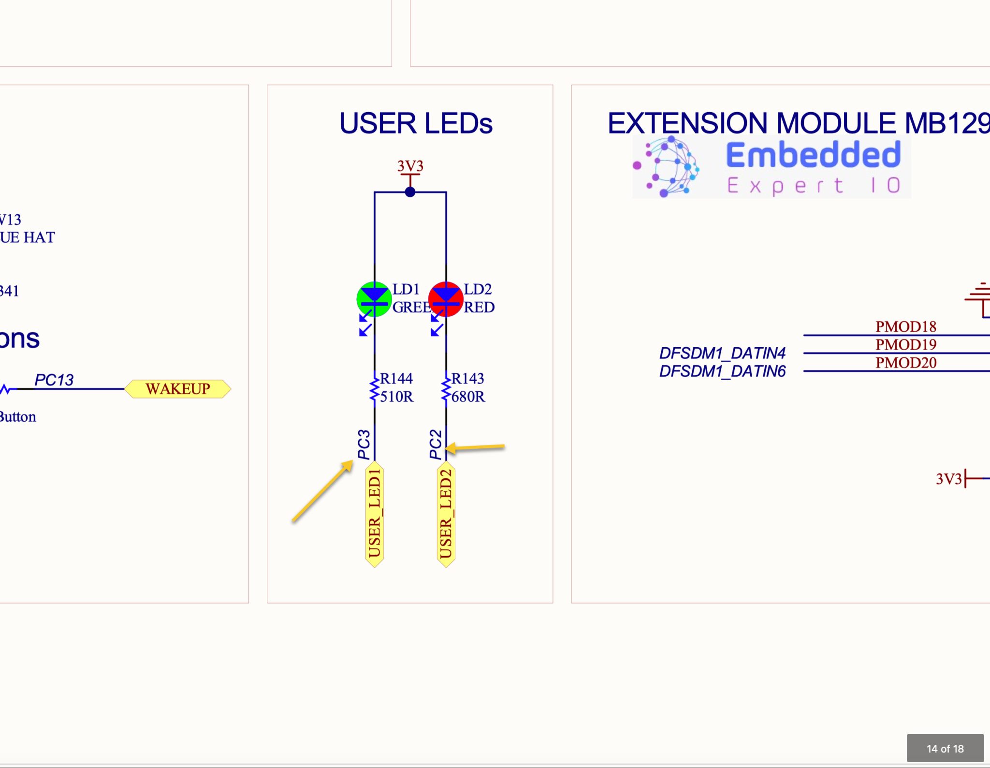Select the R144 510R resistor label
(396, 387)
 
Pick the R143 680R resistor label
(467, 387)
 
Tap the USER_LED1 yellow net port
(375, 514)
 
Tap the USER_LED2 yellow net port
(446, 514)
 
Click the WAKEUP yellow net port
(178, 389)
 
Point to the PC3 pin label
(364, 444)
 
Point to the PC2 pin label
(435, 444)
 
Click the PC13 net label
(54, 380)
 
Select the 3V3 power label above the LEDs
(410, 166)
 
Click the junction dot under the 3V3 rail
(410, 192)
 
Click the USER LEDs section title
(416, 123)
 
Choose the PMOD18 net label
(905, 327)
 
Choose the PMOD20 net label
(905, 363)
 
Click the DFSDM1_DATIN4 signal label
(722, 353)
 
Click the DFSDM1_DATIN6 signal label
(722, 371)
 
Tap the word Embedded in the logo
(813, 155)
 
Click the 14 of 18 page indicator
(945, 749)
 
